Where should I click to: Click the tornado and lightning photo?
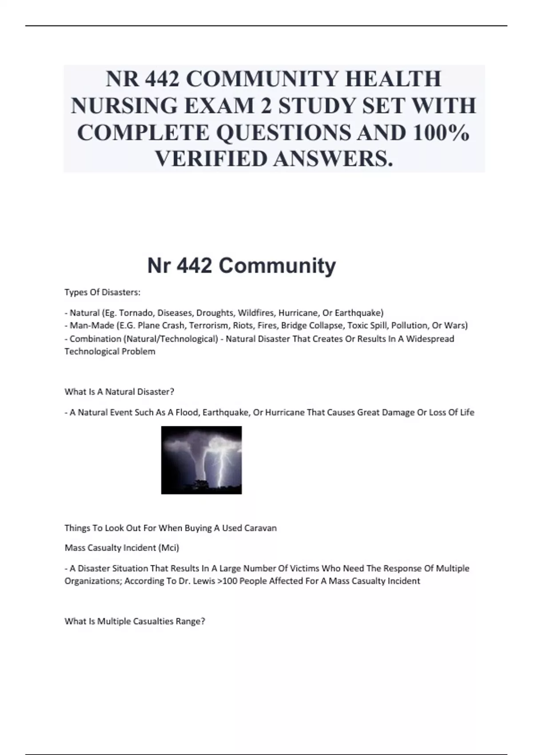[x=201, y=460]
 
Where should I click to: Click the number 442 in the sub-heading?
[x=194, y=266]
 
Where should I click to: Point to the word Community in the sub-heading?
[x=277, y=266]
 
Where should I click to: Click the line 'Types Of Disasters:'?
[x=103, y=292]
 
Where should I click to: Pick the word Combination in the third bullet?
[x=95, y=339]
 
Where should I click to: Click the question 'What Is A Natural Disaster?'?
[x=119, y=392]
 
